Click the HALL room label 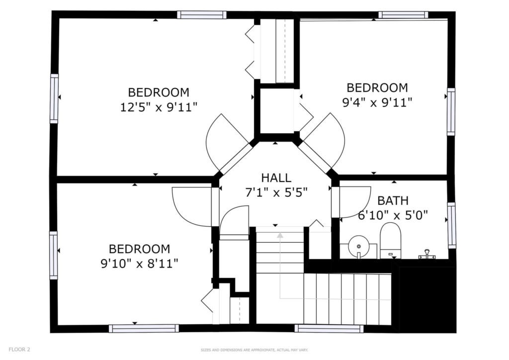tap(276, 178)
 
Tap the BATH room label tap(393, 200)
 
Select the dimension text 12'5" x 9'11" tap(159, 107)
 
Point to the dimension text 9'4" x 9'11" tap(377, 102)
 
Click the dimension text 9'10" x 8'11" tap(140, 264)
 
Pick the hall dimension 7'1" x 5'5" tap(276, 193)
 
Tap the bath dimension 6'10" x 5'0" tap(393, 215)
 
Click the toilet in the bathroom tap(390, 241)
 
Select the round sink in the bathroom tap(358, 246)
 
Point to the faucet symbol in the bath tap(426, 254)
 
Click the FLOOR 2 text tap(19, 350)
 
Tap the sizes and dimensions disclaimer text tap(254, 350)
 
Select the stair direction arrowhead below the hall tap(280, 235)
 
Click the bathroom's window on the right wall tap(451, 225)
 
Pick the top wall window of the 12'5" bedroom tap(202, 15)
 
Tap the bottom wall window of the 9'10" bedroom tap(144, 328)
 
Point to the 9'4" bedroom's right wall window tap(451, 112)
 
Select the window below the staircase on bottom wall tap(329, 329)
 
